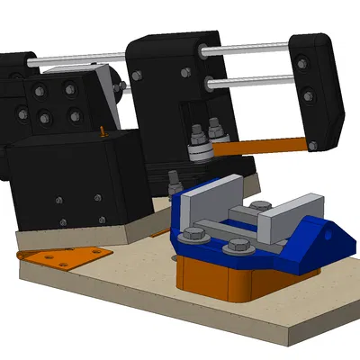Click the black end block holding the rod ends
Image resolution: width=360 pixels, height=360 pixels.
coord(318,81)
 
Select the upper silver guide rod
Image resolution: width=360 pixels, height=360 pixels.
coord(252,50)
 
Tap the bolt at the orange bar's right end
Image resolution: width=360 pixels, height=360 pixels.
coord(311,145)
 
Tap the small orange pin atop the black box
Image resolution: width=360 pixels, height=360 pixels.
coord(105,132)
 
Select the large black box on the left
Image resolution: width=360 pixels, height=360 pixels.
coord(76,180)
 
